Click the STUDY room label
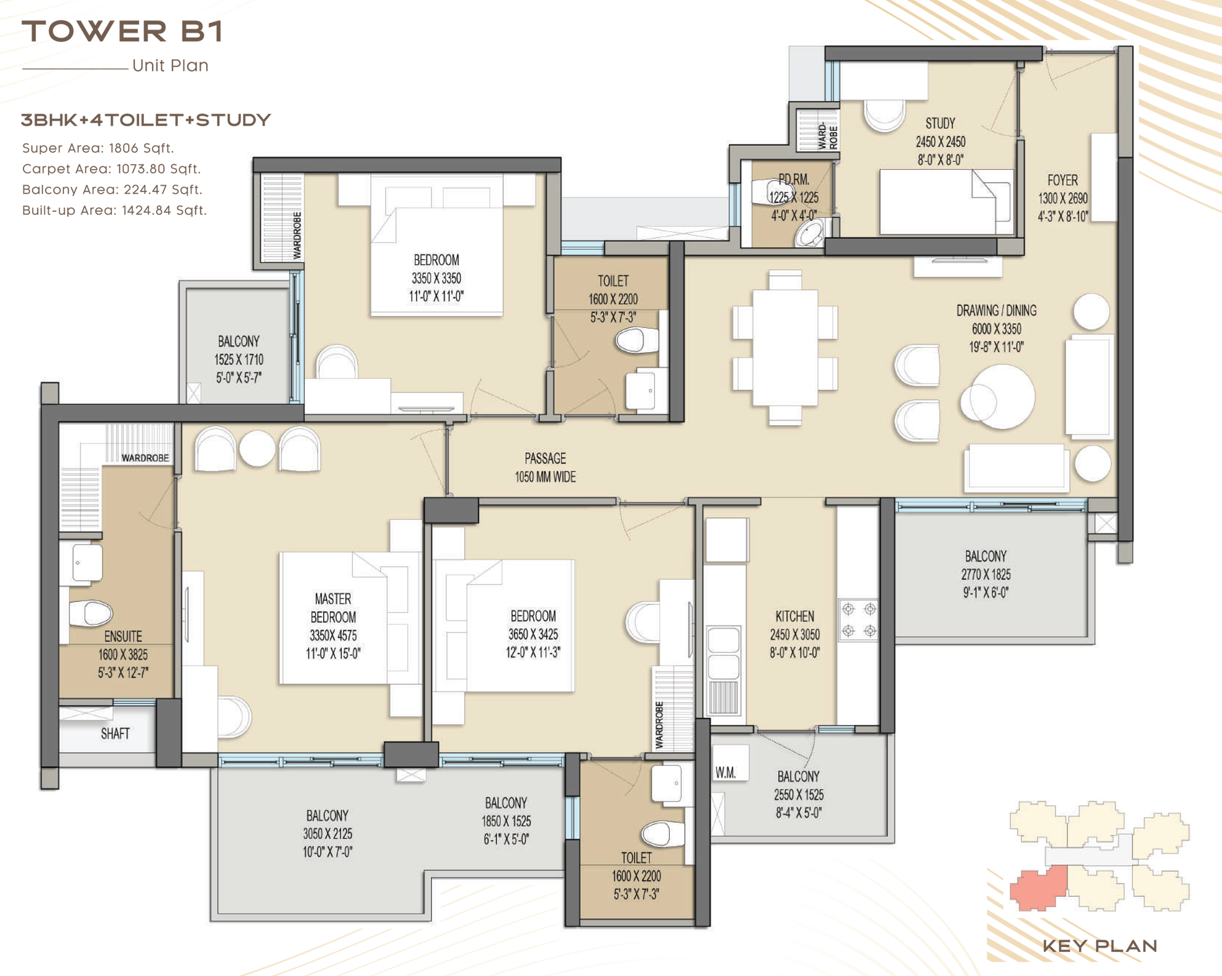click(x=940, y=124)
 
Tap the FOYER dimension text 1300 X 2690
click(x=1063, y=198)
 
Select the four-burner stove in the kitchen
click(x=859, y=620)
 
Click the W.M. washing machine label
click(x=726, y=773)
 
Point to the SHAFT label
click(x=115, y=734)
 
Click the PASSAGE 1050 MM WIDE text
click(x=545, y=468)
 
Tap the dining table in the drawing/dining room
click(x=785, y=348)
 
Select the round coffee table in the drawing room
click(x=999, y=396)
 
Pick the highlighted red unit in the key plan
click(x=1038, y=888)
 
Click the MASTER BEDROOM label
click(x=333, y=607)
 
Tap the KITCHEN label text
click(x=795, y=616)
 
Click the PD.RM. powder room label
click(x=794, y=180)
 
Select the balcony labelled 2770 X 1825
click(x=986, y=574)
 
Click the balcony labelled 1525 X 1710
click(x=239, y=359)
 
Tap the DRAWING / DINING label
click(x=996, y=311)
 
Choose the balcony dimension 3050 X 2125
click(x=328, y=834)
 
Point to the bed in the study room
click(x=946, y=202)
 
